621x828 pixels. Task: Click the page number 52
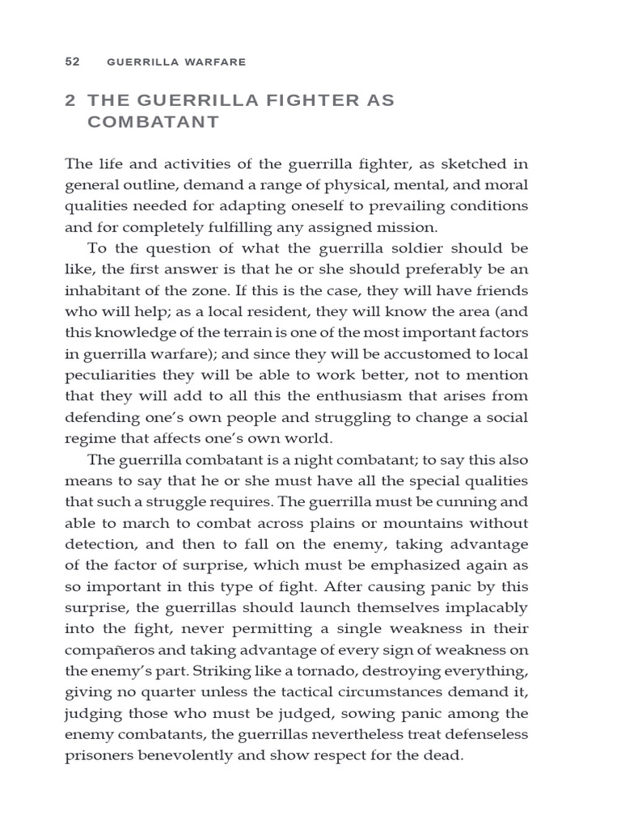71,61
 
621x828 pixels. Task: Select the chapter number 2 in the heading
70,100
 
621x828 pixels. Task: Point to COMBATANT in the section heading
153,122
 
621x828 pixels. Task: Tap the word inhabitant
103,290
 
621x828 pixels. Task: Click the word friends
504,290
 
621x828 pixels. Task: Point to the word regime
87,437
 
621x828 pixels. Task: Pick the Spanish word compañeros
107,648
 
